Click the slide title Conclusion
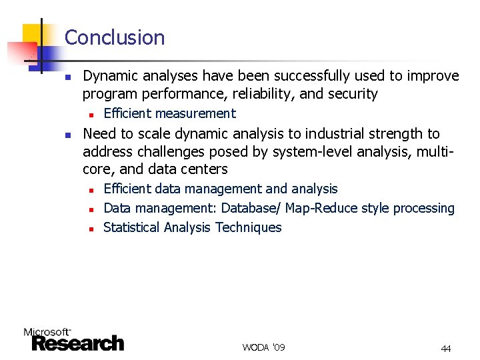point(115,37)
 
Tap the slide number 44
point(445,349)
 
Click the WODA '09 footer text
point(263,347)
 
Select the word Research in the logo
point(78,343)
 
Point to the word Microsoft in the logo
point(47,331)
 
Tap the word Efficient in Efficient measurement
point(127,113)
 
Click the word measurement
point(195,113)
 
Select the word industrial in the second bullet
point(335,134)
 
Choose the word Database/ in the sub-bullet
point(251,208)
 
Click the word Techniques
point(248,227)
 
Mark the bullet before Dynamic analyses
point(67,77)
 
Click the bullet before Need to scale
point(67,135)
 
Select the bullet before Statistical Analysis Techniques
point(90,229)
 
